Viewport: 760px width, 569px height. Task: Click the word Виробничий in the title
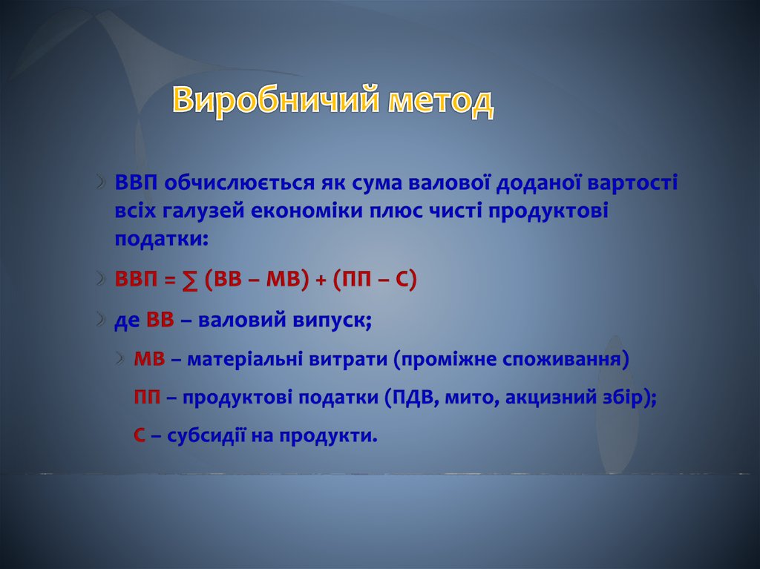(275, 99)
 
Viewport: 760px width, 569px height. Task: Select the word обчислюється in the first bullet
(239, 183)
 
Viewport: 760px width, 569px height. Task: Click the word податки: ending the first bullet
(161, 239)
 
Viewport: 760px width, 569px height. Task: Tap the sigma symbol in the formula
(191, 280)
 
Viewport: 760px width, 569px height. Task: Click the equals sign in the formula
(169, 280)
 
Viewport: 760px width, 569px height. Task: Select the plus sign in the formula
(321, 280)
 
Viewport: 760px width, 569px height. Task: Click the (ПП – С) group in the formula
(375, 280)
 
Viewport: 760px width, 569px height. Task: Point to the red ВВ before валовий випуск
(160, 320)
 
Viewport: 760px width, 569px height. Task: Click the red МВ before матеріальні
(149, 359)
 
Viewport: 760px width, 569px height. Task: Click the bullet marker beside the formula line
(100, 279)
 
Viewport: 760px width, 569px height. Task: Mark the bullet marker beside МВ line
(121, 358)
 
